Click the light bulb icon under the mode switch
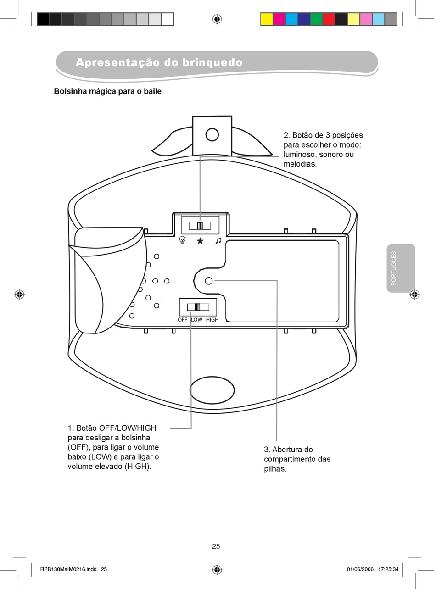pyautogui.click(x=183, y=240)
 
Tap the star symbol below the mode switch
pyautogui.click(x=200, y=240)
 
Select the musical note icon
pyautogui.click(x=218, y=240)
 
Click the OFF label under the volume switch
pyautogui.click(x=183, y=320)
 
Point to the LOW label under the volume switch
pyautogui.click(x=196, y=320)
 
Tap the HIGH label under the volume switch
pyautogui.click(x=212, y=320)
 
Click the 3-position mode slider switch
pyautogui.click(x=200, y=225)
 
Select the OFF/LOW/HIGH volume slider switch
pyautogui.click(x=198, y=307)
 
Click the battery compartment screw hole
pyautogui.click(x=209, y=281)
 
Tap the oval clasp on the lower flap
pyautogui.click(x=212, y=390)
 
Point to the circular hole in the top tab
pyautogui.click(x=212, y=134)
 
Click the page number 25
pyautogui.click(x=216, y=546)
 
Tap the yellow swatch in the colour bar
pyautogui.click(x=266, y=19)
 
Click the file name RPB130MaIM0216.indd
pyautogui.click(x=68, y=569)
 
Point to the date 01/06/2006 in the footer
pyautogui.click(x=360, y=569)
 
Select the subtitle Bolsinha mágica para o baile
pyautogui.click(x=108, y=91)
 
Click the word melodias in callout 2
pyautogui.click(x=299, y=164)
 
